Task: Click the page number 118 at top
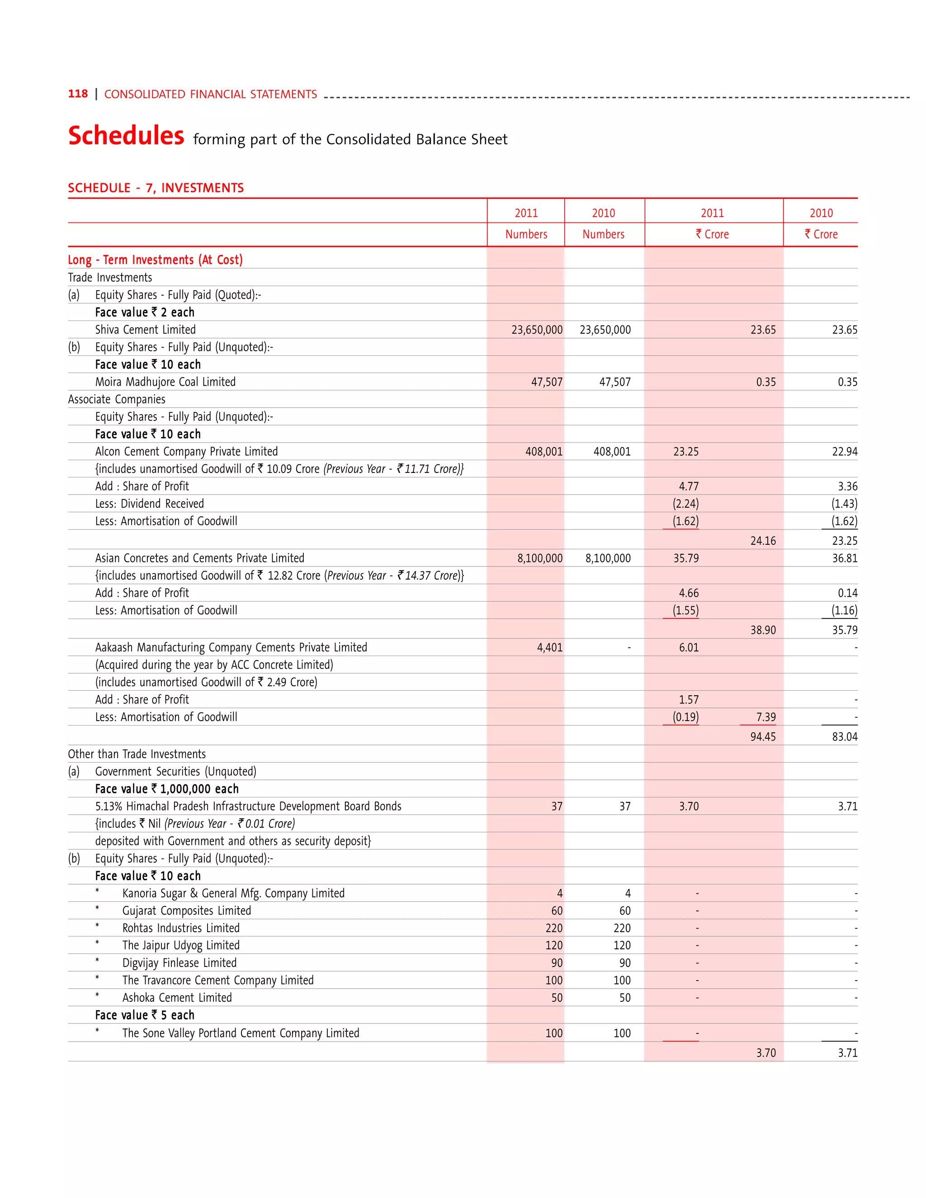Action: [77, 94]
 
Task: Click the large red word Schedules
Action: [126, 136]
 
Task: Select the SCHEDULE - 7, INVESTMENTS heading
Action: [156, 188]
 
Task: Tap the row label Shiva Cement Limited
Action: [146, 330]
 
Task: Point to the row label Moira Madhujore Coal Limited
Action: [165, 382]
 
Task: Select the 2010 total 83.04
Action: [844, 737]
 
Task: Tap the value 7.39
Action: [766, 717]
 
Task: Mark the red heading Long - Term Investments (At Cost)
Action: [155, 260]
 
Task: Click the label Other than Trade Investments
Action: [137, 754]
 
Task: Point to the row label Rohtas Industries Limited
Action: [180, 928]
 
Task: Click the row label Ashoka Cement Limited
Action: [177, 998]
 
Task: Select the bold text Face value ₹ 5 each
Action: [145, 1015]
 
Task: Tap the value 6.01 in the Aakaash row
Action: [689, 648]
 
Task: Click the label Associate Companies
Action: [116, 399]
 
